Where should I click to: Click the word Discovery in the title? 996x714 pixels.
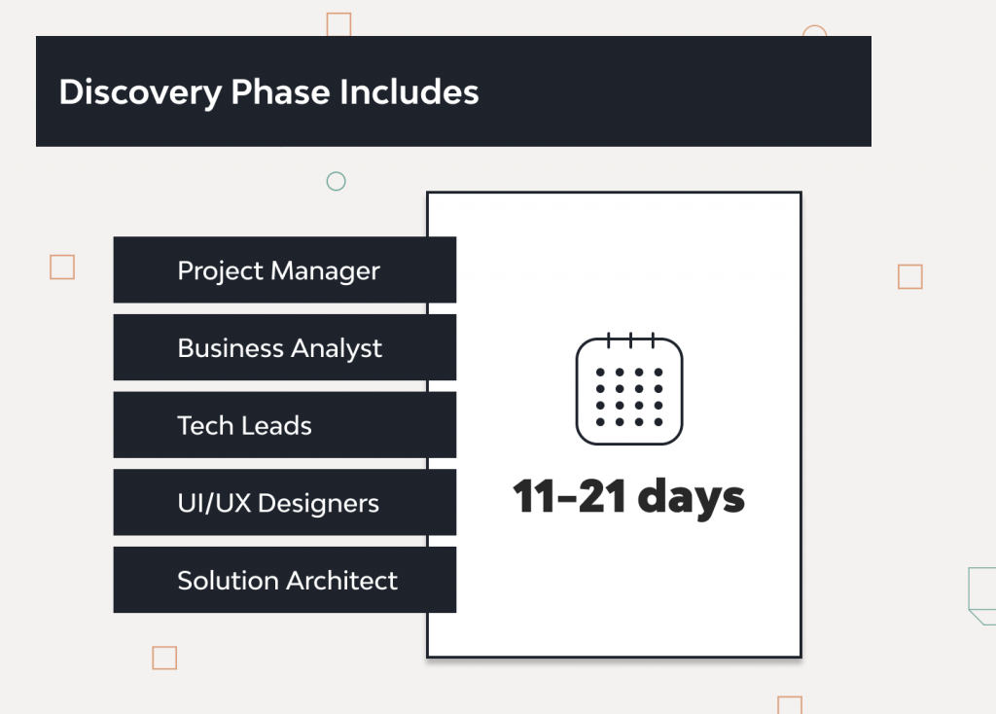pyautogui.click(x=140, y=92)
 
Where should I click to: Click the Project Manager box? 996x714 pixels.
pyautogui.click(x=284, y=270)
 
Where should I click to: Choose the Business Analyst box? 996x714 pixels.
pyautogui.click(x=284, y=347)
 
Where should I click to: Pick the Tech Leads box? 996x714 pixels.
pyautogui.click(x=284, y=425)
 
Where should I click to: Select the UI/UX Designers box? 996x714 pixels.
pyautogui.click(x=284, y=503)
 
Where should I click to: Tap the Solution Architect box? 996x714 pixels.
pyautogui.click(x=284, y=581)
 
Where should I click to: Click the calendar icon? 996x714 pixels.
pyautogui.click(x=629, y=389)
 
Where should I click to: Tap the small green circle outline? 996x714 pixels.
pyautogui.click(x=336, y=181)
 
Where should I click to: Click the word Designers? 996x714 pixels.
pyautogui.click(x=318, y=504)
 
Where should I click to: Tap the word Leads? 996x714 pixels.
pyautogui.click(x=278, y=425)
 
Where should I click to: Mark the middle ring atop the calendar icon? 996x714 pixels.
pyautogui.click(x=629, y=340)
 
